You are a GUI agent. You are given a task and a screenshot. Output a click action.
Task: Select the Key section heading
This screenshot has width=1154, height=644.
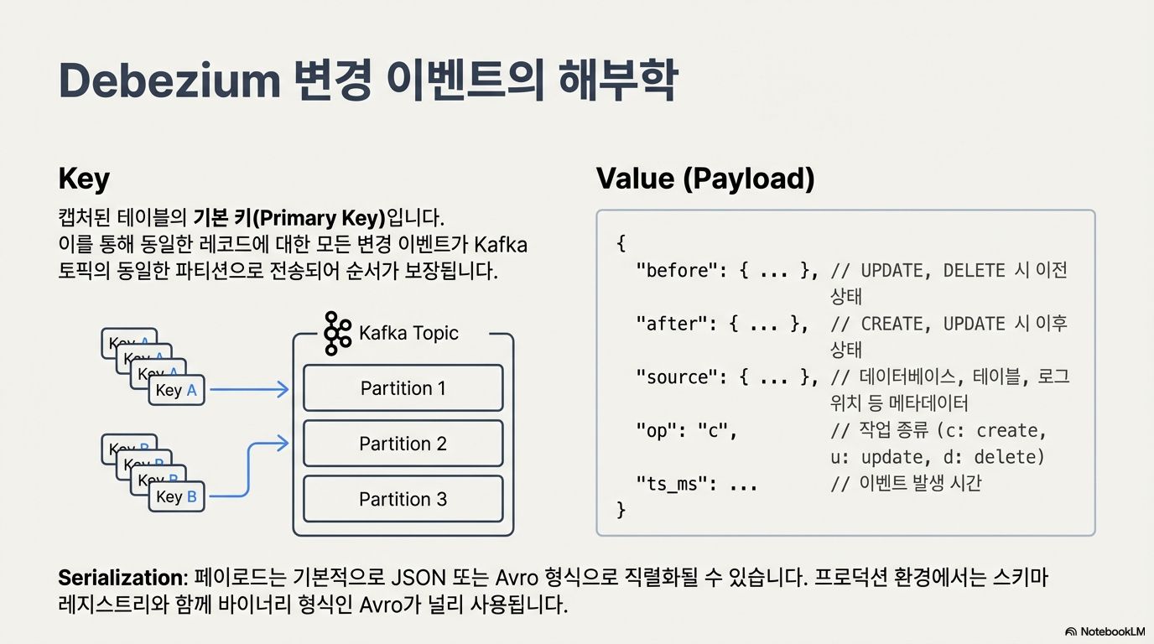coord(84,179)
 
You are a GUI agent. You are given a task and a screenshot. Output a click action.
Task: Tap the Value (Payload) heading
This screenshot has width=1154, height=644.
coord(704,179)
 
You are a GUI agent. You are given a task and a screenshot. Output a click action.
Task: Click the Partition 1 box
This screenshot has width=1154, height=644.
coord(403,388)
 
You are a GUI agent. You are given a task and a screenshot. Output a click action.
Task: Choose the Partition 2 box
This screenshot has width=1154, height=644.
coord(403,444)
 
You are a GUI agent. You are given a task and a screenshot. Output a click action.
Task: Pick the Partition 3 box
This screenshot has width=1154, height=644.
coord(403,499)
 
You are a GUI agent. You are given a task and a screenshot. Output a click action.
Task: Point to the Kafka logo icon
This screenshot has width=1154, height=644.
coord(337,333)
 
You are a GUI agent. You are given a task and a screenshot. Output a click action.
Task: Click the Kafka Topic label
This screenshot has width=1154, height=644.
coord(408,333)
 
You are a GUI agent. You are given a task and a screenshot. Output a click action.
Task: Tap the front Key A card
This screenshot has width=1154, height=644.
coord(176,390)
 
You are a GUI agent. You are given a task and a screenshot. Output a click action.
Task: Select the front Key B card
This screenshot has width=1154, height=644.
coord(176,496)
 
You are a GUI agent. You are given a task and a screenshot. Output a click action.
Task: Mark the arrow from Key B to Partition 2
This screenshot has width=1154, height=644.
coord(250,470)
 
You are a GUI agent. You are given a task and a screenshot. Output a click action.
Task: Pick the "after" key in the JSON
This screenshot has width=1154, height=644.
coord(668,324)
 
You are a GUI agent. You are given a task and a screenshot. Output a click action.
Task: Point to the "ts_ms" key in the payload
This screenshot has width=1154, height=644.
coord(668,484)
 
